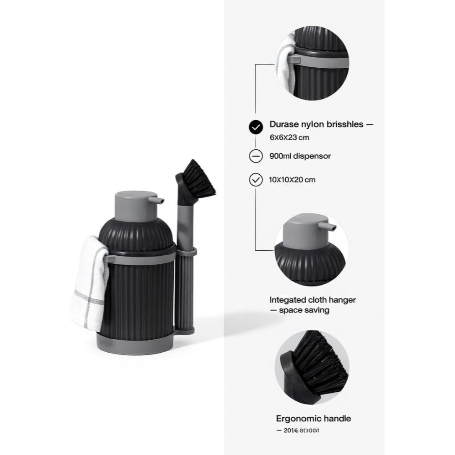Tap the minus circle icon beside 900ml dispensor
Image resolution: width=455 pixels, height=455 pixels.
click(x=256, y=156)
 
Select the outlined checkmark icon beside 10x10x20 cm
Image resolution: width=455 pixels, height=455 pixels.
click(x=256, y=180)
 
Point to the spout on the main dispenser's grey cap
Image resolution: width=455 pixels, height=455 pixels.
click(x=159, y=200)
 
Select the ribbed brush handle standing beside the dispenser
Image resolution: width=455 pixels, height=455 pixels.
click(x=185, y=291)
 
